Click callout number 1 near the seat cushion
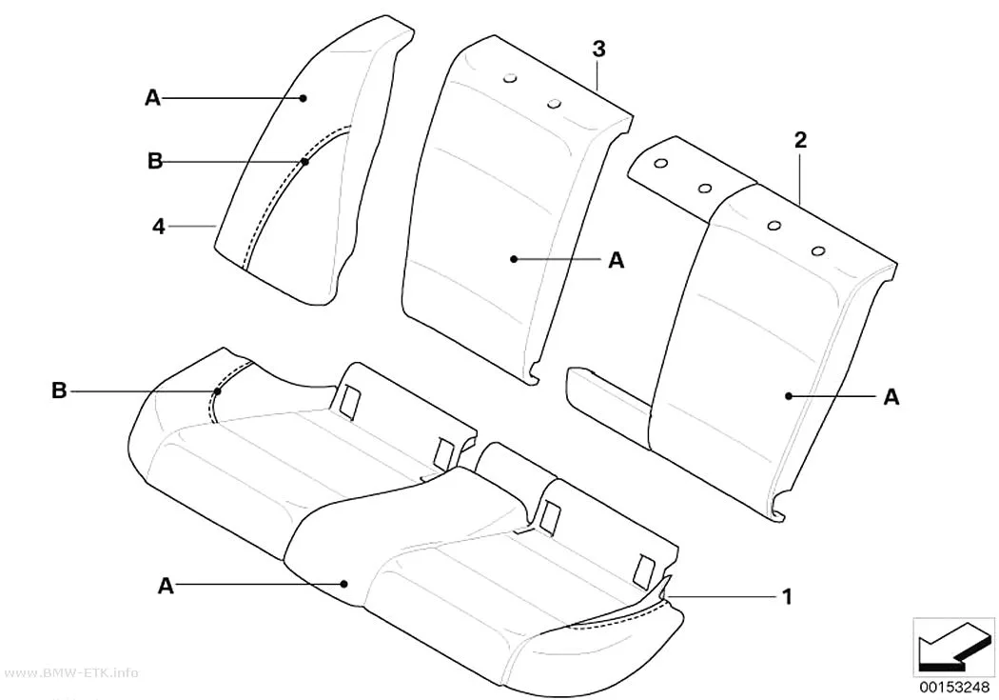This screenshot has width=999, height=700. click(787, 597)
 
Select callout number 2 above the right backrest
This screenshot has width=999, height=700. click(800, 140)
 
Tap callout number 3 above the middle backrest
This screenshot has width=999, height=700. click(598, 50)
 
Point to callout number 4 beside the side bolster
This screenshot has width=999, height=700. click(159, 226)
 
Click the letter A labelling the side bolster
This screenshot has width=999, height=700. click(153, 98)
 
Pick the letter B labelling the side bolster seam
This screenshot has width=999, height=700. click(155, 161)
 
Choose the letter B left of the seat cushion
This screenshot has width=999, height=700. click(59, 390)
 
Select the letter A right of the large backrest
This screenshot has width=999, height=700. click(891, 396)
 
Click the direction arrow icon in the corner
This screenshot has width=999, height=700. click(953, 645)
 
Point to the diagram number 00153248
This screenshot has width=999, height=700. click(953, 687)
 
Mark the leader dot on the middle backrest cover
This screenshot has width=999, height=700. click(514, 259)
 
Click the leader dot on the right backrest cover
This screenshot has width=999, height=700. click(789, 396)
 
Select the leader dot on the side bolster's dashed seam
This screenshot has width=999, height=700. click(305, 162)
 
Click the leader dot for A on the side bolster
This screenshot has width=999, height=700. click(304, 98)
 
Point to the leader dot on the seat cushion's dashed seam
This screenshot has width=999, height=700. click(218, 390)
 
